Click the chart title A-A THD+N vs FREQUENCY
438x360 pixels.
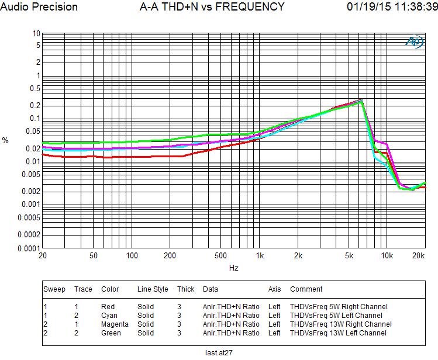coord(212,7)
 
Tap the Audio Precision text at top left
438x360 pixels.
coord(39,7)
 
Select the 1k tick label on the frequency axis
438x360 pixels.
coord(260,256)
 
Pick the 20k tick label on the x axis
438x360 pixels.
coord(419,256)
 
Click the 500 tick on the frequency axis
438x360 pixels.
coord(220,256)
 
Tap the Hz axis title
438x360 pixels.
coord(233,268)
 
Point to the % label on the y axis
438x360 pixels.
coord(6,140)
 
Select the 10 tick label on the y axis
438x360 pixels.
coord(36,34)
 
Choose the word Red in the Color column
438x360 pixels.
coord(108,306)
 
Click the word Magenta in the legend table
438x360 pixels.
coord(115,324)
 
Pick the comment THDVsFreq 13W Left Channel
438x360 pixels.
coord(338,333)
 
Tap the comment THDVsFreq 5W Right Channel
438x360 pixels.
coord(339,306)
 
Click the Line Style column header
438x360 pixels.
coord(153,289)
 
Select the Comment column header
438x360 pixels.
coord(306,289)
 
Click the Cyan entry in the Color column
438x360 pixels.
coord(109,315)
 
